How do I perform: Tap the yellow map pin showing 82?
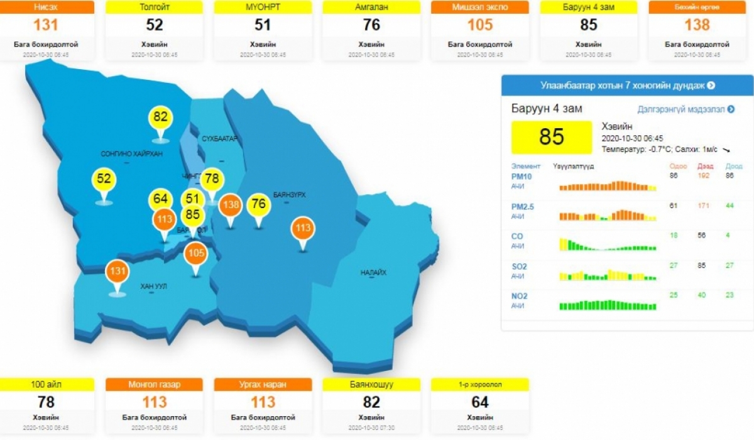[161, 118]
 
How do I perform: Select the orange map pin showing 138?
[231, 205]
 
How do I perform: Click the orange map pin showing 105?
[195, 254]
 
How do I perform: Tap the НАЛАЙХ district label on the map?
[373, 273]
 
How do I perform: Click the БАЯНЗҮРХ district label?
[290, 195]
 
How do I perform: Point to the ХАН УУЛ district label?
[153, 287]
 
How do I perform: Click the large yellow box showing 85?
[552, 137]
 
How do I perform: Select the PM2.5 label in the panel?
[523, 206]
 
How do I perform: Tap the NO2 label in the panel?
[520, 296]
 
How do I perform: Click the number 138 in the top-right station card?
[697, 25]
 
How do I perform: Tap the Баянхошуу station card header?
[371, 384]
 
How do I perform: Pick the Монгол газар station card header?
[155, 384]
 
